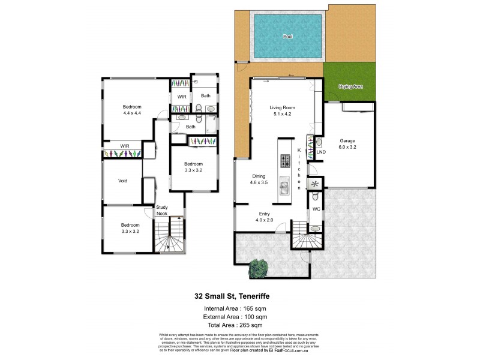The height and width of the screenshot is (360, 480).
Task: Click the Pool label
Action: (287, 37)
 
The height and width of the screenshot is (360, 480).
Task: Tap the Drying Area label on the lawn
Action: (351, 87)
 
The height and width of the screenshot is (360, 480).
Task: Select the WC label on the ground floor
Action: (316, 209)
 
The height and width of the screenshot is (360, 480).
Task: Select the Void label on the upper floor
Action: (122, 179)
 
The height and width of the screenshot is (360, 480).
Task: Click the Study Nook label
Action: (162, 211)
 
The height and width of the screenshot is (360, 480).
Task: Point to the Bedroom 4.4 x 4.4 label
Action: (132, 110)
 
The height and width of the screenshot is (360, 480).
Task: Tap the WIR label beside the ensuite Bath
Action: (181, 96)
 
